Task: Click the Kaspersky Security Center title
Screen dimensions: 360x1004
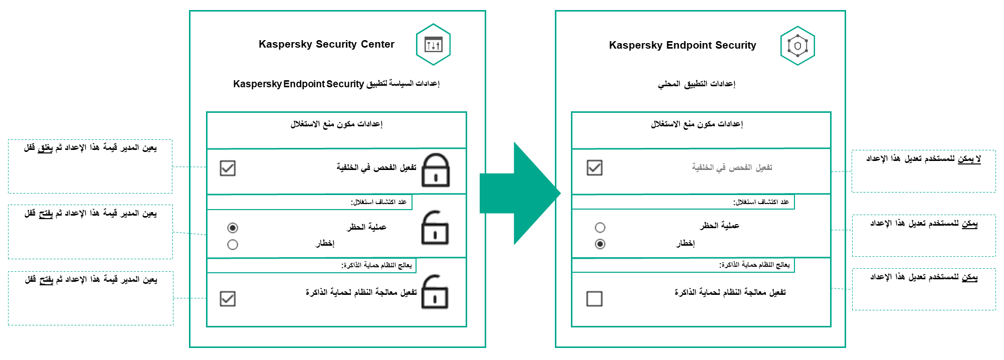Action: (x=326, y=44)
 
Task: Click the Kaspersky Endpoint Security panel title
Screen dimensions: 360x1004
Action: (x=682, y=45)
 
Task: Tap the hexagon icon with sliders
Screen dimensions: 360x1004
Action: (x=433, y=45)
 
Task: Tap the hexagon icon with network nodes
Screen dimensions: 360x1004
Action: (x=797, y=46)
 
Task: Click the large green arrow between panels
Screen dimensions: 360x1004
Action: (x=519, y=194)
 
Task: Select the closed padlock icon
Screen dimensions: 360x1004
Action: (x=436, y=170)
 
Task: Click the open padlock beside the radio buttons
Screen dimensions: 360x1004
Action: (x=435, y=228)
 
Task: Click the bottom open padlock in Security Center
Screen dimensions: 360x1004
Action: (x=435, y=292)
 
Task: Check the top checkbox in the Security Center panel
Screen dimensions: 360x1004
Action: (x=228, y=168)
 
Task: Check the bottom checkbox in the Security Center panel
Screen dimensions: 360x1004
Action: (x=228, y=299)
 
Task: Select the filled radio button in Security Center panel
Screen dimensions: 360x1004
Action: (x=233, y=228)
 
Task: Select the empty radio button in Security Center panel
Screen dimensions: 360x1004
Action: (x=233, y=245)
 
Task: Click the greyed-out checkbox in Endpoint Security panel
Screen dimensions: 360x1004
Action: (x=594, y=167)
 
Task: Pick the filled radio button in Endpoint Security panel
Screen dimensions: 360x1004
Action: (x=600, y=244)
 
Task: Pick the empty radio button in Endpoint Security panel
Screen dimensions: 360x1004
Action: (x=600, y=228)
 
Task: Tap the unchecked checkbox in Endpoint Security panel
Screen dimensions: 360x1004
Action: (x=594, y=299)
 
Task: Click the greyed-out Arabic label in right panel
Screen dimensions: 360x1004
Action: (x=732, y=167)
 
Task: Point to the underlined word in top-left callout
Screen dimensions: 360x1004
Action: (x=45, y=148)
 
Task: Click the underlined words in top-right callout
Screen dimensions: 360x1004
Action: (x=969, y=159)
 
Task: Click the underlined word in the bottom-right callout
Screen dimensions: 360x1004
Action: (x=969, y=277)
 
